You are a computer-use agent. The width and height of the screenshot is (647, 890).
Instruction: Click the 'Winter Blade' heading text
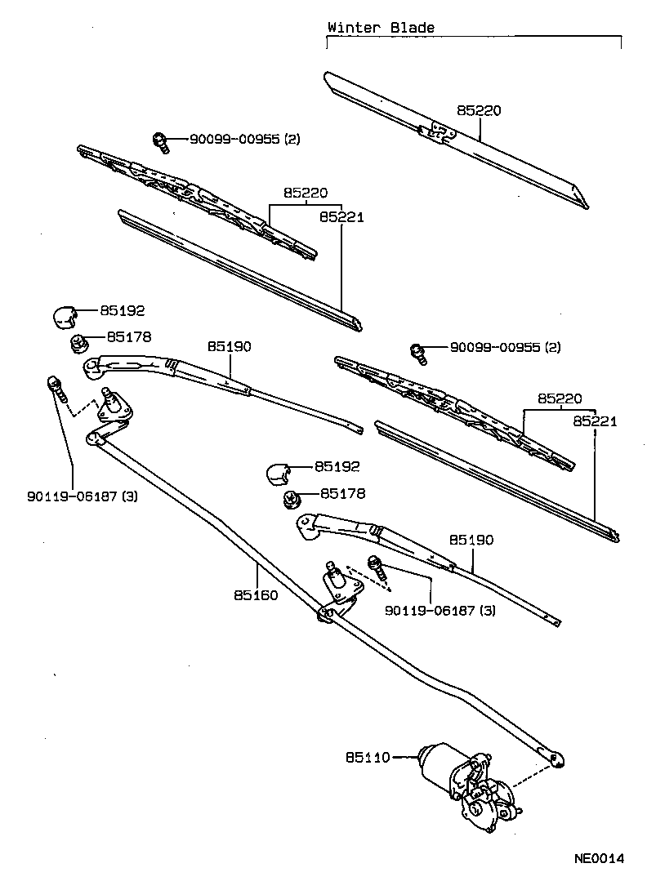(x=381, y=27)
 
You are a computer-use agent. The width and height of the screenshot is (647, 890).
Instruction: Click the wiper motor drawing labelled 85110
(x=466, y=780)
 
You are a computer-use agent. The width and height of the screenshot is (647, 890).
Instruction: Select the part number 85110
(x=368, y=758)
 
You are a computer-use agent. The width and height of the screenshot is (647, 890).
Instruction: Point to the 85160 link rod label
(x=255, y=595)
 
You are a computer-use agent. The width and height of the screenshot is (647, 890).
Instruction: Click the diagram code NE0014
(x=598, y=858)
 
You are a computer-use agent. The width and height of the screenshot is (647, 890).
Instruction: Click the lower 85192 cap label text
(x=338, y=467)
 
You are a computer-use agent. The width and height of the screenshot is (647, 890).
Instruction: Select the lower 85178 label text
(x=342, y=494)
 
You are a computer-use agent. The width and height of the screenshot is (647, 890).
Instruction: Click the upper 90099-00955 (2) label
(x=245, y=140)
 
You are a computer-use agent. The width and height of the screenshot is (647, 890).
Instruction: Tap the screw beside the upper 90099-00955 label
(x=161, y=142)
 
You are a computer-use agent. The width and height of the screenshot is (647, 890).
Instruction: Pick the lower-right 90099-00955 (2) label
(x=505, y=347)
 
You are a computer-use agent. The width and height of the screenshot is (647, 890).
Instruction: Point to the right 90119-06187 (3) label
(x=440, y=610)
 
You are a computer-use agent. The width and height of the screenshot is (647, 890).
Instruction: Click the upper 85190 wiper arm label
(x=229, y=346)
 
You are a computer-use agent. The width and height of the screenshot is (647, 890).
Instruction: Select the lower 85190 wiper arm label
(x=471, y=540)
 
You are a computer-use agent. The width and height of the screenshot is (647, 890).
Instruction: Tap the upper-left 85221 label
(x=341, y=217)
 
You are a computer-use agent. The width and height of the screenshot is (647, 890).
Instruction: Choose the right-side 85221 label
(x=594, y=421)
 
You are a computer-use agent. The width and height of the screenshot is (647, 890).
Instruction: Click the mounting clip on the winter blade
(x=436, y=131)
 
